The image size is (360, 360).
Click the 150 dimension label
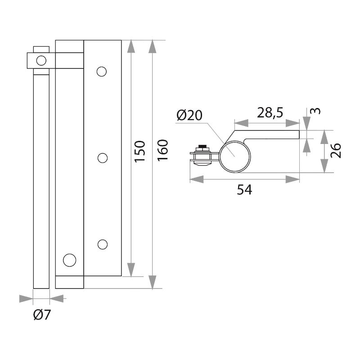pos(140,152)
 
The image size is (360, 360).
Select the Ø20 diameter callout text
pos(189,116)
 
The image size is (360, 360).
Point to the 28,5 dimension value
pos(270,112)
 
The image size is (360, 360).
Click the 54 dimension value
pos(244,190)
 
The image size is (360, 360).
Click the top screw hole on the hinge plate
pos(102,71)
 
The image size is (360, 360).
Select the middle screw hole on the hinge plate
pos(103,157)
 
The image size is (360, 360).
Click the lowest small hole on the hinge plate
pos(103,244)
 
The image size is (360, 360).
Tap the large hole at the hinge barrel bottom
pos(69,260)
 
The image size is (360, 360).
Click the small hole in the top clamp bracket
pos(41,60)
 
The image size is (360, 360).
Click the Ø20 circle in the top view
pos(234,155)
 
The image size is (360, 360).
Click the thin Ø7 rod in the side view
pos(41,180)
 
